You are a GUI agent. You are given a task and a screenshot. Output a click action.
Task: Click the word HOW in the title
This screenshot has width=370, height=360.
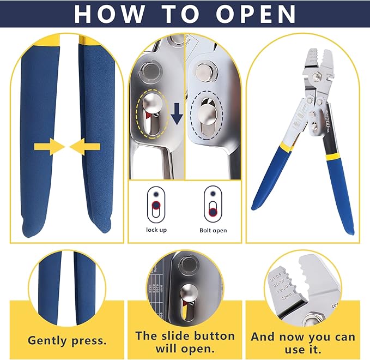(107, 14)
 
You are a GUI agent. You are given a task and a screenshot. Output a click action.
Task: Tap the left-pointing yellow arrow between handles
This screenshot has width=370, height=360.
(84, 146)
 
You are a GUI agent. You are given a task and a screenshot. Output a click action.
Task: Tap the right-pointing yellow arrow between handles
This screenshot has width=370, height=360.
(48, 146)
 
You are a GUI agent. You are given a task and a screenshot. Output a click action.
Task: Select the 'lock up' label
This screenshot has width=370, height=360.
(156, 230)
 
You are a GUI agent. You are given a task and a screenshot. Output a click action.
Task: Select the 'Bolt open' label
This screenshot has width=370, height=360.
(213, 230)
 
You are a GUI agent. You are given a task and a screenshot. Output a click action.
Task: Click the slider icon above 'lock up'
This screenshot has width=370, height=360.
(156, 203)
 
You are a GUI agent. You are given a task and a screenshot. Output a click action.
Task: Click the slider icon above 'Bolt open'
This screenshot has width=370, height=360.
(211, 204)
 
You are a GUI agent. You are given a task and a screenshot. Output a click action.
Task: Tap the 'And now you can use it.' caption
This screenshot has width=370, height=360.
(303, 342)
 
